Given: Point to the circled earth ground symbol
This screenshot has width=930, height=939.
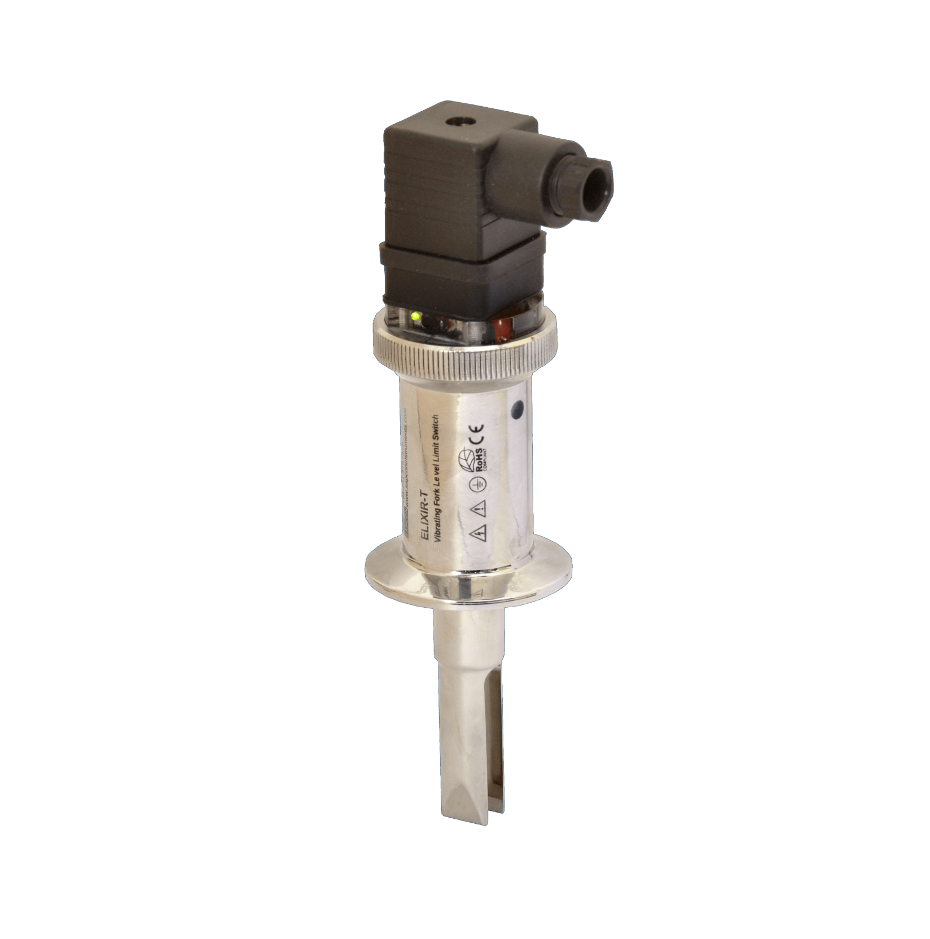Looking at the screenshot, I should click(x=477, y=487).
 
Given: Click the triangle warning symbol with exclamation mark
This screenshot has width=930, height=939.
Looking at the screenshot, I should click(x=479, y=510).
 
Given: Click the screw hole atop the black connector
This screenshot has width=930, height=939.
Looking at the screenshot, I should click(x=451, y=121).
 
